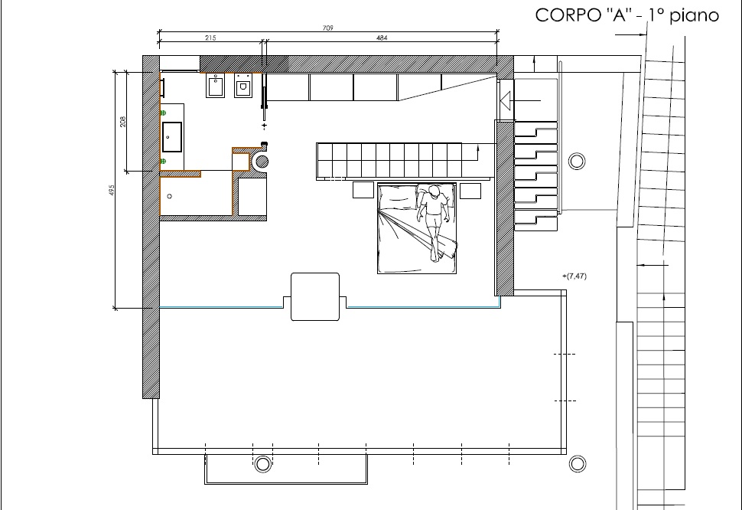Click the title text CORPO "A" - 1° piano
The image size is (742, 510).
pos(626,15)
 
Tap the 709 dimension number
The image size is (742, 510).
pos(328,28)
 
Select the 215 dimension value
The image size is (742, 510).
pos(210,38)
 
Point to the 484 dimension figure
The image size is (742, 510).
pos(382,38)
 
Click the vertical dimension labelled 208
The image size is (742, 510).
pos(123,121)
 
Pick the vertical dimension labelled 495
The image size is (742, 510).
pos(112,191)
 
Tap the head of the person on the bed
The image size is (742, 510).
pos(434,191)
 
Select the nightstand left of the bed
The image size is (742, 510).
pos(363,190)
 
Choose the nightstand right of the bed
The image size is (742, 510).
pos(470,191)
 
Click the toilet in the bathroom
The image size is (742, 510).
pos(243,86)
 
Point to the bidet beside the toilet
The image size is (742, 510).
pos(215,86)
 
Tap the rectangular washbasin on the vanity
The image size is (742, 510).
pos(172,137)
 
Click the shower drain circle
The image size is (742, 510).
pos(169,196)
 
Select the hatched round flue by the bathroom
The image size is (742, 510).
pos(262,162)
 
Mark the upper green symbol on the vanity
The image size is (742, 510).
pos(163,113)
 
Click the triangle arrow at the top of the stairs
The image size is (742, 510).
pos(506,101)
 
